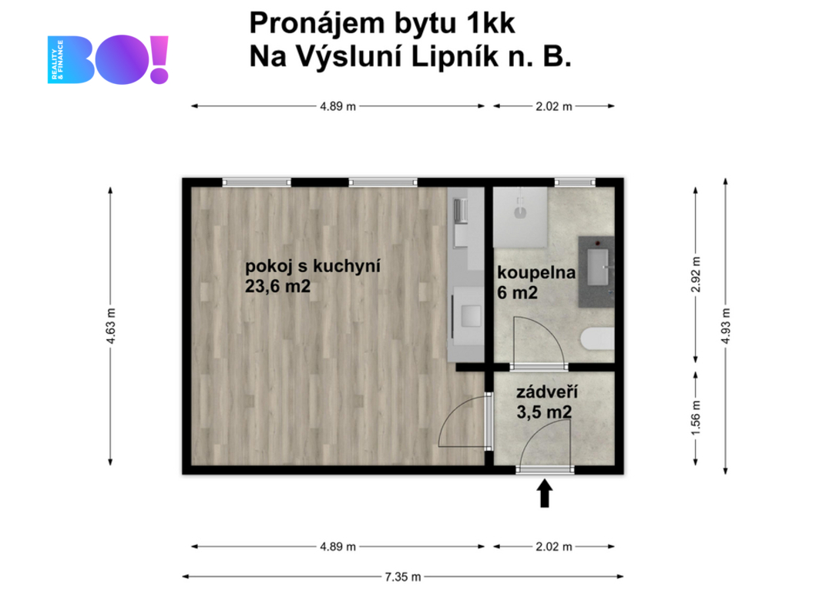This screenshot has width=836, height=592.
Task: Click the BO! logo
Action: point(108,59)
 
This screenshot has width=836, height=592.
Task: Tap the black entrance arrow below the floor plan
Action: point(544,493)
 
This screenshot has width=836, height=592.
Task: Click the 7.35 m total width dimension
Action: point(403,577)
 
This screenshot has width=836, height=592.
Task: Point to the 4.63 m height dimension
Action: point(111,326)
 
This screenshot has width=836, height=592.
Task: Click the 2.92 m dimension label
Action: point(696,274)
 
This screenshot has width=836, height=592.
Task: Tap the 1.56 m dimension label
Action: point(696,417)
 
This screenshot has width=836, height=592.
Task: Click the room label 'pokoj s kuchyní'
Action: point(313,266)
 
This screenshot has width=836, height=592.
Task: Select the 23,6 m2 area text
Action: point(278,287)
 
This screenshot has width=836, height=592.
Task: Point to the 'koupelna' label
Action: point(536,273)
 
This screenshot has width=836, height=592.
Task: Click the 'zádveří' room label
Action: point(547,392)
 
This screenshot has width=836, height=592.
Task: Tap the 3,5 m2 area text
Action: point(544,412)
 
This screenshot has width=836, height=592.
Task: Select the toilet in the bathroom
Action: point(597,338)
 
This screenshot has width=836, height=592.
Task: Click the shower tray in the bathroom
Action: point(520,217)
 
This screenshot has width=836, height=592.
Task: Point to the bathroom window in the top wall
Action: point(575,183)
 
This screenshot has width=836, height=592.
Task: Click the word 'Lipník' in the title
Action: point(455,56)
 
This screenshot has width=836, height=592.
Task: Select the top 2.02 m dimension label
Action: point(554,106)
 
